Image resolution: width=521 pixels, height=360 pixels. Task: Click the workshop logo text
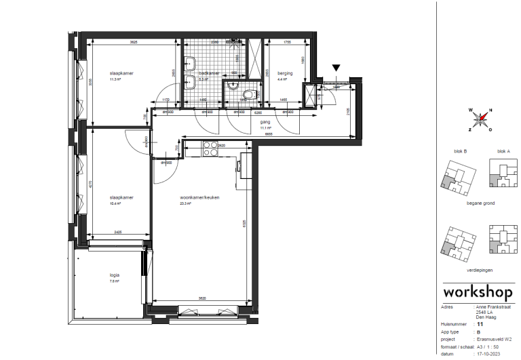(x=476, y=292)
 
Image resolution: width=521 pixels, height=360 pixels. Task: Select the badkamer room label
(x=209, y=73)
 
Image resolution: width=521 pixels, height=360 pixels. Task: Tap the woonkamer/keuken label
(x=194, y=198)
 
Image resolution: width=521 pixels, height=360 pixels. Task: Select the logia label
(x=114, y=275)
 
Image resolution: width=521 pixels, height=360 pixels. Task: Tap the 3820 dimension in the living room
(x=201, y=298)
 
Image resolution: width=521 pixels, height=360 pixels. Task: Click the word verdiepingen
(x=479, y=270)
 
